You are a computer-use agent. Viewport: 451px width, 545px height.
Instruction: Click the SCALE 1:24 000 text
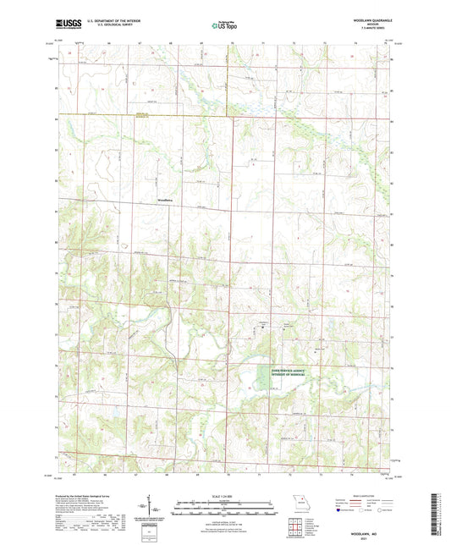tap(225, 495)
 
